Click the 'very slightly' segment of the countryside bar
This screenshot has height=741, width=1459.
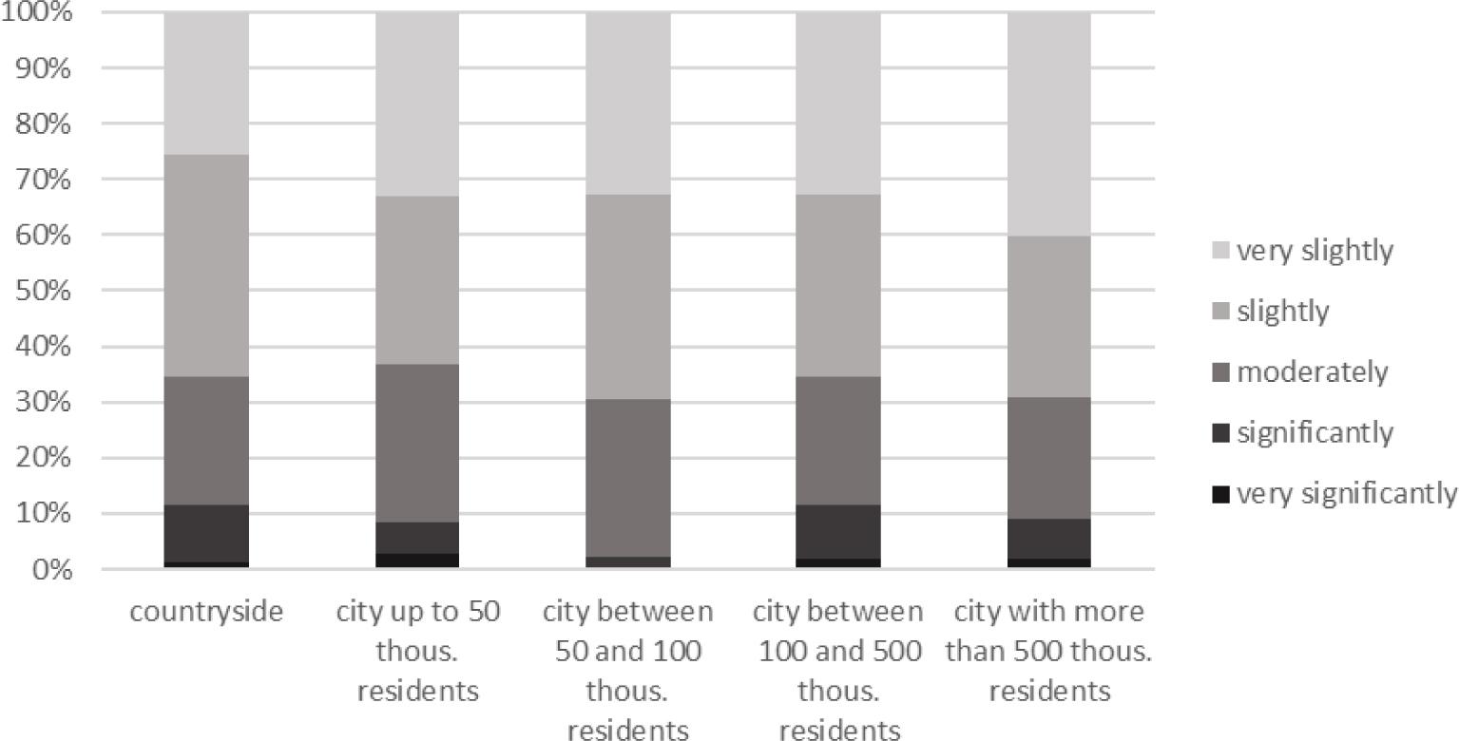coord(206,84)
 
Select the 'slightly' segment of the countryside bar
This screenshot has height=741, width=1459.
coord(206,265)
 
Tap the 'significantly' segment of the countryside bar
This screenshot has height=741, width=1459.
coord(206,533)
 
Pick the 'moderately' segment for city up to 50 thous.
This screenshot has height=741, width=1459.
coord(417,443)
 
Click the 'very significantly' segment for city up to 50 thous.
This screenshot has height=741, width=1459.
coord(417,560)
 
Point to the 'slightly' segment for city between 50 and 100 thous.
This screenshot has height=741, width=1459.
coord(627,296)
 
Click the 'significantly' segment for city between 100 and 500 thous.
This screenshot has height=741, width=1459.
coord(838,531)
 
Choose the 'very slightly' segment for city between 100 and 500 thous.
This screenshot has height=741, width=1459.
coord(838,104)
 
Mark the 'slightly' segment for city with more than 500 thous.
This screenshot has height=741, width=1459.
coord(1048,316)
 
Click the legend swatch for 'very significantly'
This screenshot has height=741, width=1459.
coord(1221,494)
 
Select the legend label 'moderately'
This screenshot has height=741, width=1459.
coord(1312,372)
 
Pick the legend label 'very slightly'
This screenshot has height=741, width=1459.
coord(1315,251)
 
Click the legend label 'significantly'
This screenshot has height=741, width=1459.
coord(1315,433)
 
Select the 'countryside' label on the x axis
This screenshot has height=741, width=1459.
coord(206,611)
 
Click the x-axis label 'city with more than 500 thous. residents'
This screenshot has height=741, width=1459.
coord(1049,651)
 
